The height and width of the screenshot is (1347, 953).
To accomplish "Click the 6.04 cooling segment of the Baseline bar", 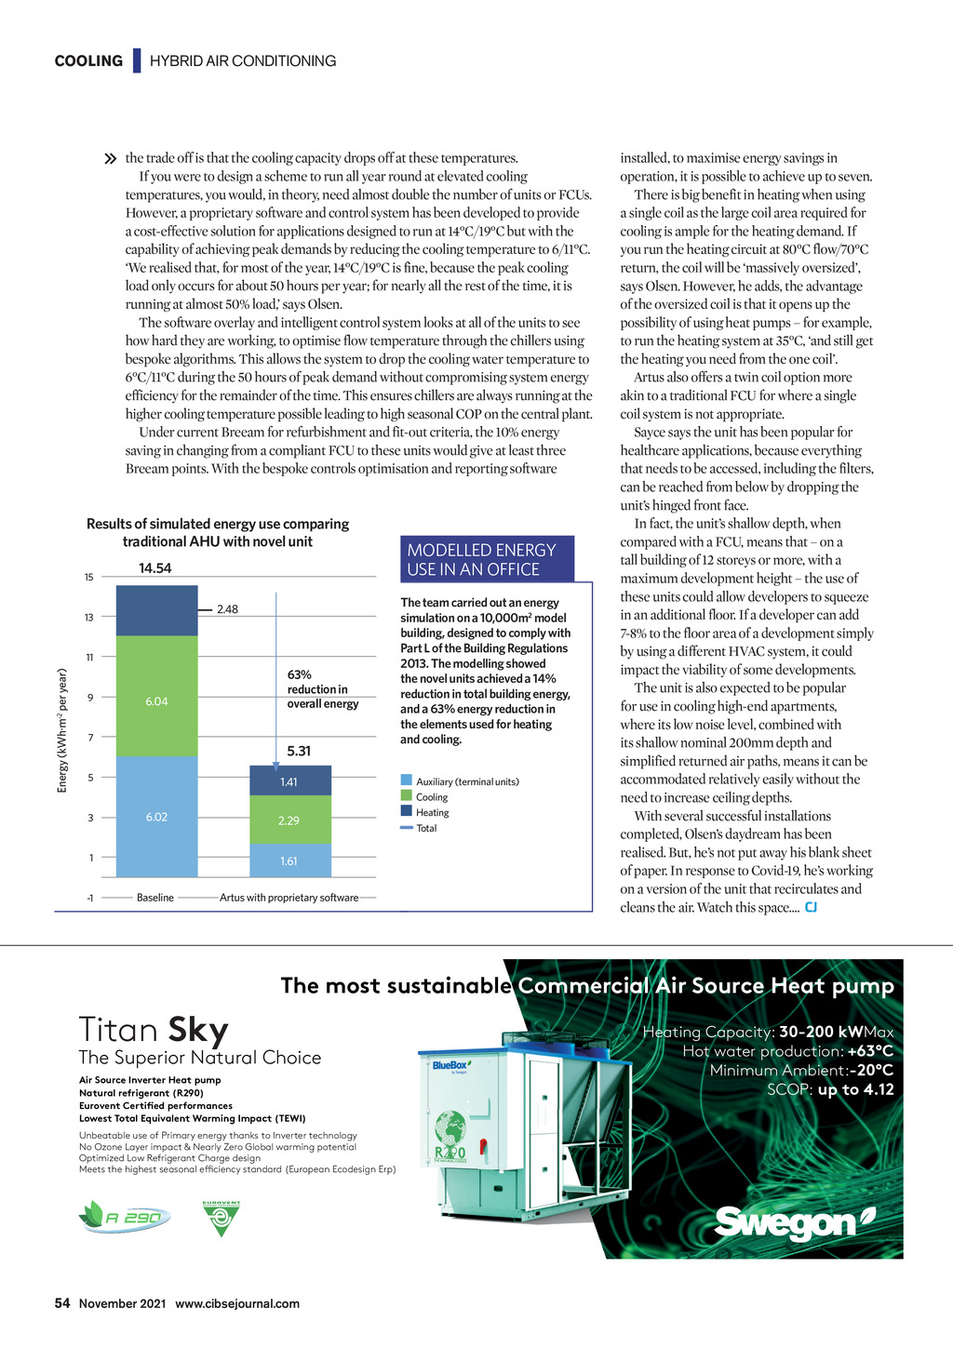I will tap(156, 698).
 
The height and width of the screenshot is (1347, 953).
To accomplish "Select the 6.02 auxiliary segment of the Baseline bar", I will tap(156, 816).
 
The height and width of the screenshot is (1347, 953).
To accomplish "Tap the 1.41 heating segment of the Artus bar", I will tap(289, 781).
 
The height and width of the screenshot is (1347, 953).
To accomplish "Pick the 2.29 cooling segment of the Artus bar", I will tap(289, 820).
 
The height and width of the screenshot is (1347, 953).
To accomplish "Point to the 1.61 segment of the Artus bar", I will tap(289, 860).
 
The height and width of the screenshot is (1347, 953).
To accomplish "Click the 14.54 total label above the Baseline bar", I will tap(155, 568).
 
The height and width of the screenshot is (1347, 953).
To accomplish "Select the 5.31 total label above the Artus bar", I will tap(299, 751).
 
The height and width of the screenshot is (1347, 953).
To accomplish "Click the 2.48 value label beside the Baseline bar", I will tap(227, 609).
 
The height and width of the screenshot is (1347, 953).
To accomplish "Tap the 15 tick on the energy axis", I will tap(89, 577).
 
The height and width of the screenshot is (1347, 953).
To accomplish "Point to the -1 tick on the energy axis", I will tap(89, 898).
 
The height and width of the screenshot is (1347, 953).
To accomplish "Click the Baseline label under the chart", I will tap(155, 898).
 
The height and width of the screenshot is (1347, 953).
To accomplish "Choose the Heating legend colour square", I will tap(407, 811).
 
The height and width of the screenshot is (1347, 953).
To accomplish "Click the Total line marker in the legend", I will tap(407, 828).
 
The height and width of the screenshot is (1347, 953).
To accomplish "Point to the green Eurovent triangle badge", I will tap(221, 1219).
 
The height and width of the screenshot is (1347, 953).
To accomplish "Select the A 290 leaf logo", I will tap(126, 1217).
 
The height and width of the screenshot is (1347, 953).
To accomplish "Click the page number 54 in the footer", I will tap(62, 1303).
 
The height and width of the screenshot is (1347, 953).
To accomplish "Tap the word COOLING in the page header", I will tap(88, 61).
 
